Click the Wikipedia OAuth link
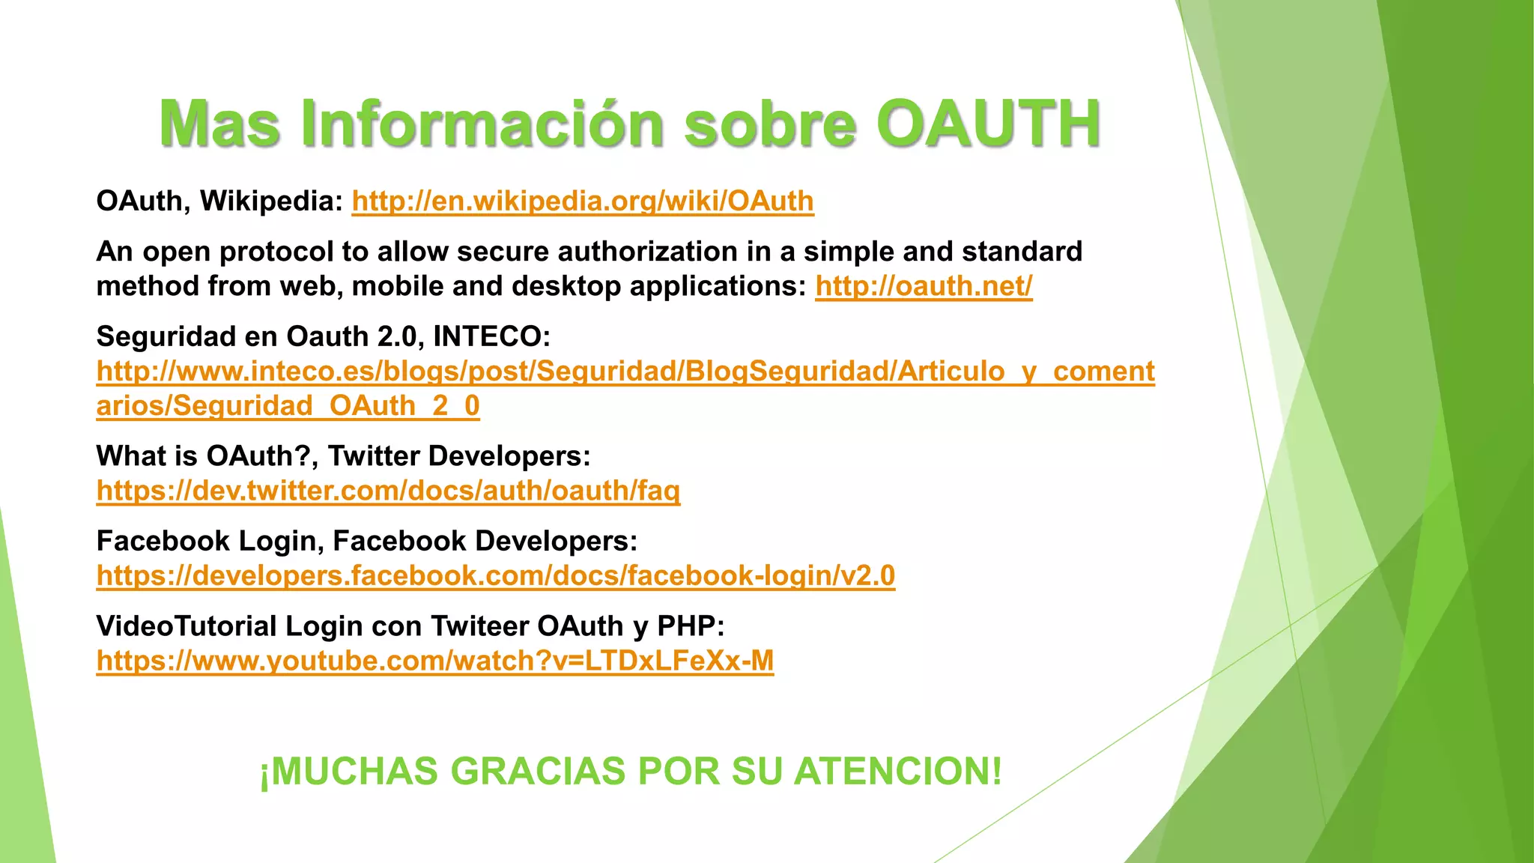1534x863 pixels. click(583, 201)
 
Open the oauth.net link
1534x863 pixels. click(924, 286)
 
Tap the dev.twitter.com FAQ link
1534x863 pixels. click(388, 491)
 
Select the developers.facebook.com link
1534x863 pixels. click(496, 575)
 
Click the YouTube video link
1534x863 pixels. click(434, 661)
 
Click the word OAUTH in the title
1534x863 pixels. click(988, 124)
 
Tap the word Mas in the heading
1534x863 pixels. click(220, 124)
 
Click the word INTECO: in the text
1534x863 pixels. click(492, 336)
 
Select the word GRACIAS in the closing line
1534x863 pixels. click(537, 772)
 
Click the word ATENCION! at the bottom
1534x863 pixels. click(897, 772)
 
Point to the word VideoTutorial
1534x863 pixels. click(187, 626)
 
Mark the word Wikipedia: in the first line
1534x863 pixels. click(271, 201)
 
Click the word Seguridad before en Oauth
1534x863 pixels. click(166, 336)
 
